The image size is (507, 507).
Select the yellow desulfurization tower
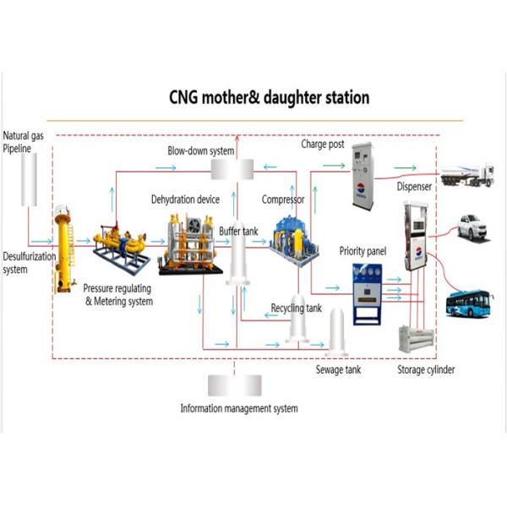(x=63, y=249)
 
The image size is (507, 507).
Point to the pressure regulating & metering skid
(x=118, y=245)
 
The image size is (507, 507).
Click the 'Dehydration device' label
(x=185, y=199)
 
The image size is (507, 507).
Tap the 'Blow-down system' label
(x=199, y=150)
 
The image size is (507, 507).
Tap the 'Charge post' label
(x=323, y=144)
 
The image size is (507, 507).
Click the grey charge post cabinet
(x=363, y=176)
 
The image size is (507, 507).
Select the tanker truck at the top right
(x=467, y=175)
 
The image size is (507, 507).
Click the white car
(x=473, y=226)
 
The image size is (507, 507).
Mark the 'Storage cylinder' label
(x=426, y=370)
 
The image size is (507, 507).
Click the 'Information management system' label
(x=239, y=408)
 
